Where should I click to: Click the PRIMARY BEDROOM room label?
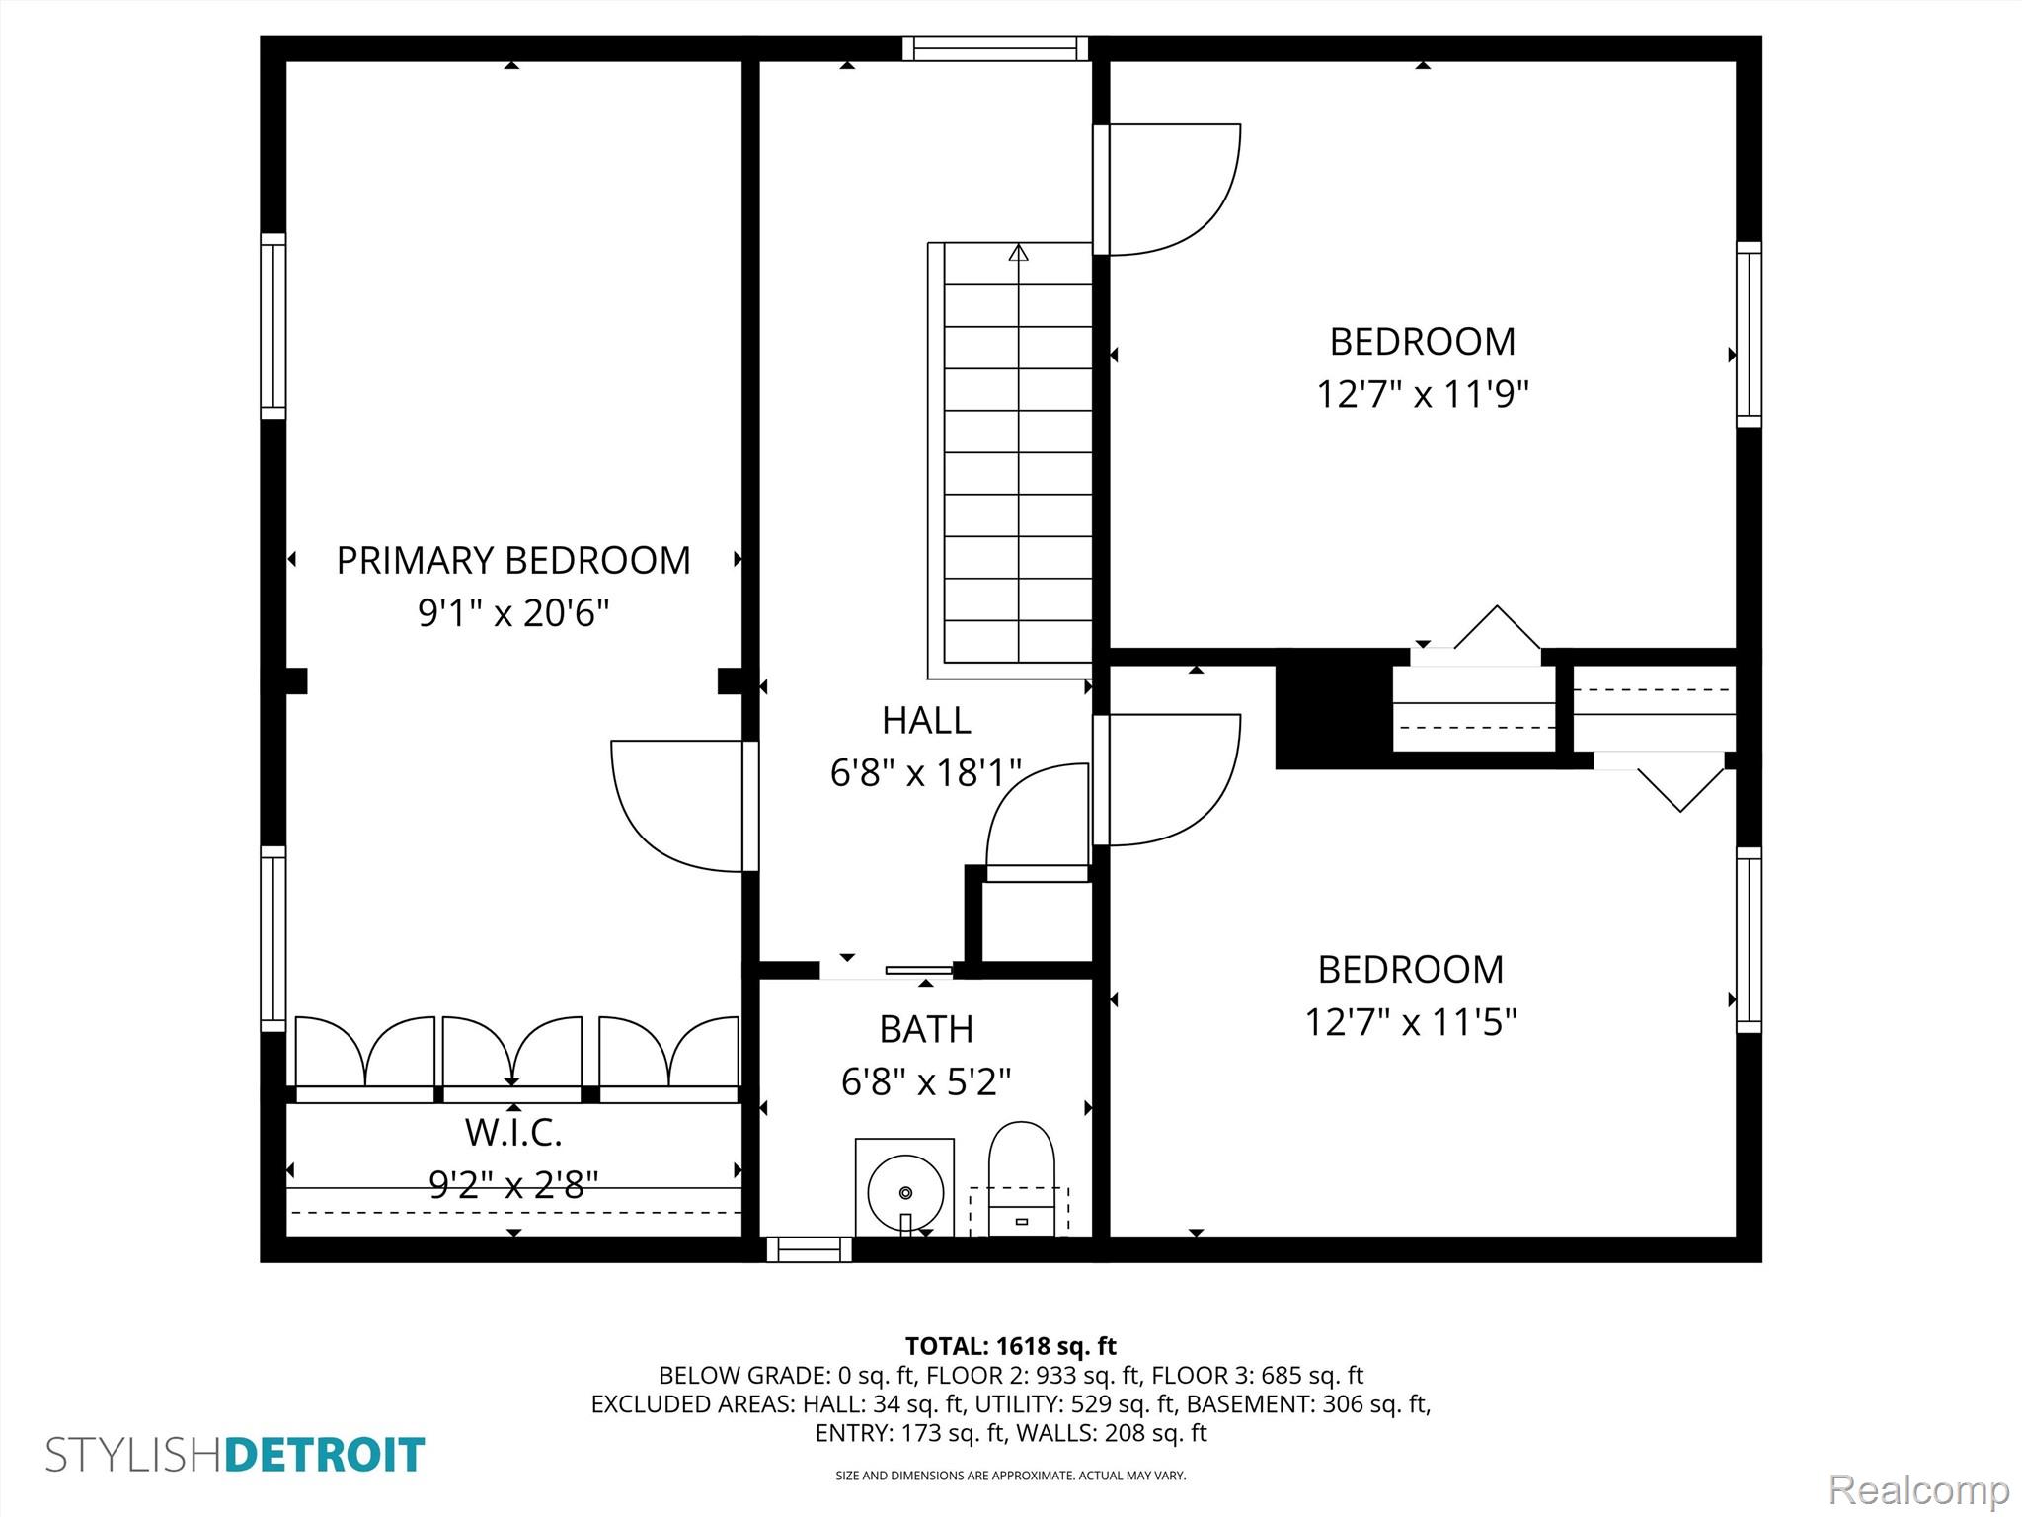513,561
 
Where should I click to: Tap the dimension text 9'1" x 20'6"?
513,613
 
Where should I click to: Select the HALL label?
926,721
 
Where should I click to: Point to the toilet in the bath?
1021,1178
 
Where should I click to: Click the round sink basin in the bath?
905,1192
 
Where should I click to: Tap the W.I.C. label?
513,1133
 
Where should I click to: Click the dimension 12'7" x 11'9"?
1423,395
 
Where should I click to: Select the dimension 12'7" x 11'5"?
1411,1022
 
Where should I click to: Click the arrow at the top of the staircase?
1019,253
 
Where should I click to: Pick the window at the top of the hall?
995,48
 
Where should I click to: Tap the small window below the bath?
810,1249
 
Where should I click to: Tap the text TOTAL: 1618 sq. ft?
1011,1346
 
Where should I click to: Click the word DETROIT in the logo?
326,1456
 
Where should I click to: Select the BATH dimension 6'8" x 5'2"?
926,1082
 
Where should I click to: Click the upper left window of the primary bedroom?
273,327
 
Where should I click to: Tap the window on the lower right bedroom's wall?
1749,940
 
